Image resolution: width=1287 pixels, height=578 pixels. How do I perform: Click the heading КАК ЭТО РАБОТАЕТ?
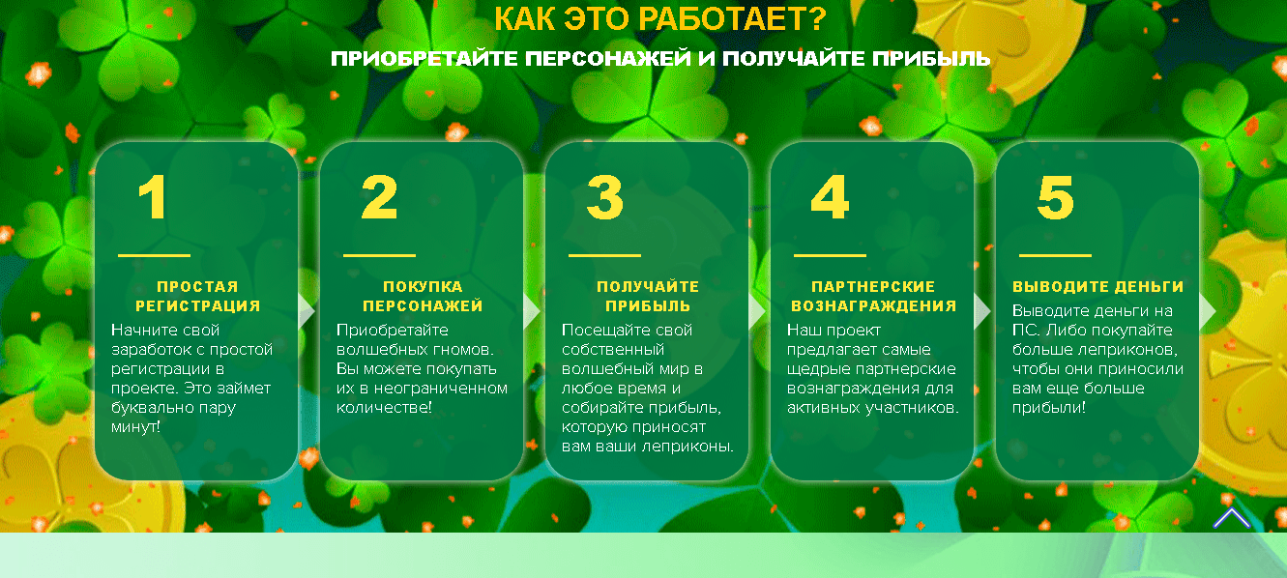pyautogui.click(x=660, y=17)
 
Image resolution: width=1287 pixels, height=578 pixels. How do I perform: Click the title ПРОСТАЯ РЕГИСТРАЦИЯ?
pyautogui.click(x=197, y=296)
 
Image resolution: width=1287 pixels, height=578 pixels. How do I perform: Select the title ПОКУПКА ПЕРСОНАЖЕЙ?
pyautogui.click(x=423, y=296)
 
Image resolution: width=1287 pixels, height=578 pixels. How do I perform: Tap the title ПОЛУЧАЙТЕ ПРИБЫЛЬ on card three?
pyautogui.click(x=648, y=296)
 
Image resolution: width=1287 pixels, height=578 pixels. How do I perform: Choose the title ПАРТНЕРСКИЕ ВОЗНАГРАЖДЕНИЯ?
pyautogui.click(x=873, y=296)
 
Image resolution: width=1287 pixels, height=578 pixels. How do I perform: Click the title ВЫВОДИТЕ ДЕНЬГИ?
pyautogui.click(x=1098, y=287)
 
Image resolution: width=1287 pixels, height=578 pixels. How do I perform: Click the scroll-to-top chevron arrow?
pyautogui.click(x=1231, y=519)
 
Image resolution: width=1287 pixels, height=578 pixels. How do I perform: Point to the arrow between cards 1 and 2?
pyautogui.click(x=307, y=311)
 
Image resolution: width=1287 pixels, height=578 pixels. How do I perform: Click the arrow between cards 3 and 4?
pyautogui.click(x=757, y=311)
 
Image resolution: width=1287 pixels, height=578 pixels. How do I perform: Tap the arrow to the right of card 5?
pyautogui.click(x=1207, y=311)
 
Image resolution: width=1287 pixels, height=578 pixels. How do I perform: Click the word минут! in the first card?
pyautogui.click(x=136, y=427)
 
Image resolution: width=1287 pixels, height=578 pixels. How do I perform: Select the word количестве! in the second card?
pyautogui.click(x=384, y=408)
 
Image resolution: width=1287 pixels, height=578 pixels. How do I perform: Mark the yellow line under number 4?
pyautogui.click(x=830, y=256)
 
